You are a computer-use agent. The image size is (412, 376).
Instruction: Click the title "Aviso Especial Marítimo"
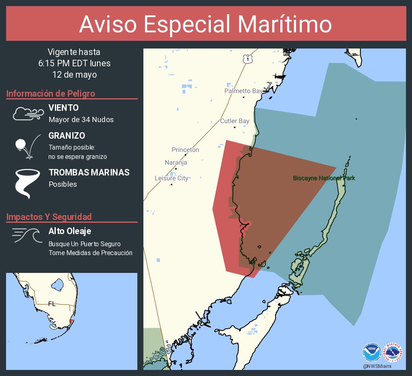(x=206, y=24)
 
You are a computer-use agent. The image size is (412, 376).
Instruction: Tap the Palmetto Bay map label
(x=243, y=91)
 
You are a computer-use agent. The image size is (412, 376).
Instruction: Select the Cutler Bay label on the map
(x=234, y=121)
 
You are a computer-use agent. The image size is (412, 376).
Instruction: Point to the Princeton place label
(x=185, y=150)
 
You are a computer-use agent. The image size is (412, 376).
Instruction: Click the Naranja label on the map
(x=176, y=163)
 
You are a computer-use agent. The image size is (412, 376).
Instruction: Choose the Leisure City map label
(x=171, y=178)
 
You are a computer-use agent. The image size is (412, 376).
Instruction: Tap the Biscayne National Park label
(x=324, y=178)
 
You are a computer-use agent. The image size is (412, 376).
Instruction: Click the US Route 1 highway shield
(x=246, y=59)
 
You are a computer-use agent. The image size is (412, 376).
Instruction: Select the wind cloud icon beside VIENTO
(x=28, y=114)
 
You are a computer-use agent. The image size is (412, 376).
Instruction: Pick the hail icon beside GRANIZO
(x=27, y=146)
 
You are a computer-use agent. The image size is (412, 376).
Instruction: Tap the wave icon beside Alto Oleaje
(x=27, y=235)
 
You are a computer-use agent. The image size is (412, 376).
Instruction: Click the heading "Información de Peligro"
(x=51, y=94)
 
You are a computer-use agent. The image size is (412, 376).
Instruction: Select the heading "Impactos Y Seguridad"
(x=49, y=217)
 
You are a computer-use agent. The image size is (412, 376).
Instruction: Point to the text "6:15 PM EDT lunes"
(x=74, y=63)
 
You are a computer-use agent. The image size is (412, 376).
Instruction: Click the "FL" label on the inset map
(x=52, y=304)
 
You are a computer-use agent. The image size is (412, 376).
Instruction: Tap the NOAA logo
(x=372, y=353)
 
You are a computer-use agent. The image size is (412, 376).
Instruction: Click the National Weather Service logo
(x=393, y=353)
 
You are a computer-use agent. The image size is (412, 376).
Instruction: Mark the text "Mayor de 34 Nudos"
(x=81, y=120)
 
